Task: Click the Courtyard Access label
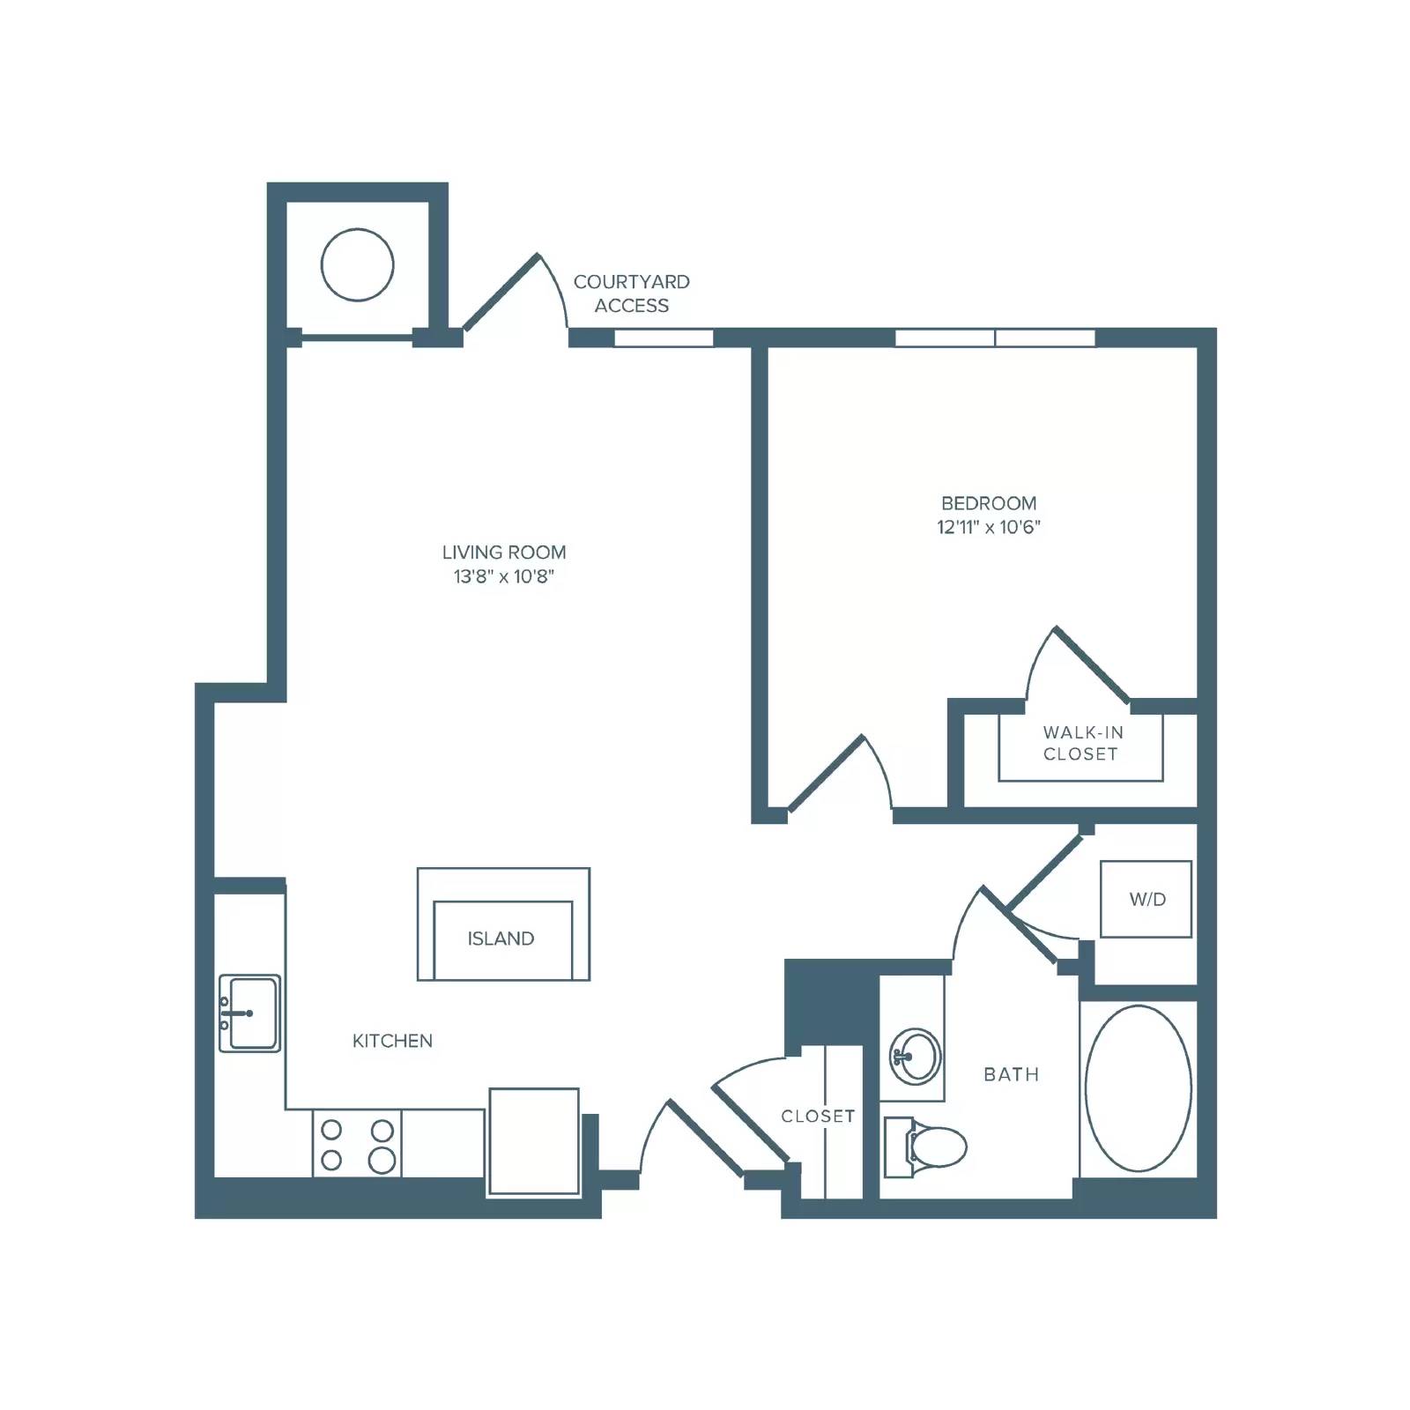coord(632,293)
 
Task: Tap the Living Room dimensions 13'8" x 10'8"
coord(504,577)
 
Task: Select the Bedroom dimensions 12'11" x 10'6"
coord(989,528)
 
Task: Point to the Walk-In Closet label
coord(1081,743)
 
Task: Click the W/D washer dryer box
coord(1146,899)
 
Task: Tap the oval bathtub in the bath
coord(1138,1088)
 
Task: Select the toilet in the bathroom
coord(924,1147)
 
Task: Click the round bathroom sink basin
coord(915,1056)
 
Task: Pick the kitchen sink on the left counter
coord(249,1013)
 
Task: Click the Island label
coord(501,939)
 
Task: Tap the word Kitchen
coord(392,1041)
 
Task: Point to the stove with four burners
coord(357,1143)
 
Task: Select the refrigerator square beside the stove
coord(534,1141)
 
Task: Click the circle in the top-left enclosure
coord(357,264)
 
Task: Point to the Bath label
coord(1012,1074)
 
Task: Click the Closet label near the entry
coord(818,1116)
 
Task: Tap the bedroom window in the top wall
coord(995,338)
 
